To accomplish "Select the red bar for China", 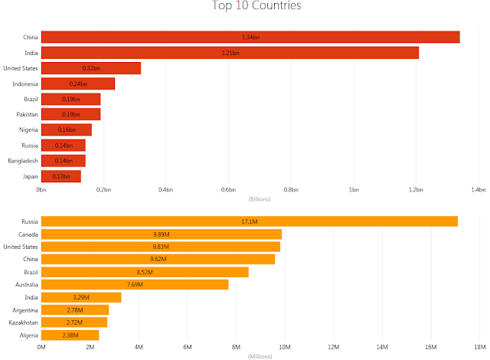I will point(250,38).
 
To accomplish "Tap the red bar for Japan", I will point(61,176).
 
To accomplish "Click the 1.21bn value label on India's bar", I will point(230,53).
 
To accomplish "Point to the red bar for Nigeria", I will point(66,129).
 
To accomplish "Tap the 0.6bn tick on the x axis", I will point(228,189).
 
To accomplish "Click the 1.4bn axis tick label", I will point(478,189).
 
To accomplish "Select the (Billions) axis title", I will point(260,199).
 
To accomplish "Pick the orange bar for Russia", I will point(250,221).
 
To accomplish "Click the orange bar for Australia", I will point(135,284).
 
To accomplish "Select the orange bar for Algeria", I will point(70,335).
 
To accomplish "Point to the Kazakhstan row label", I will point(22,322).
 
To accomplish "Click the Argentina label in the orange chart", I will point(24,309).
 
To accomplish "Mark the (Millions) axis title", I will point(260,356).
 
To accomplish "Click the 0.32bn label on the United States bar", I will point(91,68).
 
